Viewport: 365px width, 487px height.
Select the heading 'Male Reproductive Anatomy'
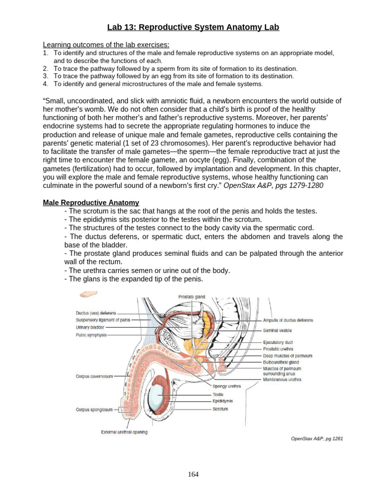(x=91, y=203)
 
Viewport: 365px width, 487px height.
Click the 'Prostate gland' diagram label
(x=192, y=297)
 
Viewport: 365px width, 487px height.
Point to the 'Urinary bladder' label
(x=90, y=327)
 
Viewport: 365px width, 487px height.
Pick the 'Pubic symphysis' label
(x=91, y=334)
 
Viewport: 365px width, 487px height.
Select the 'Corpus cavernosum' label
(x=94, y=376)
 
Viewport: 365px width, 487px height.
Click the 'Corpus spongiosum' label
(x=94, y=409)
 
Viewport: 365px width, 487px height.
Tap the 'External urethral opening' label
(x=124, y=432)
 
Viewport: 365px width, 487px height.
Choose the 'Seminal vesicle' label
(x=278, y=330)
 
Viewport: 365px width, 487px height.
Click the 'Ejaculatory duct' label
(x=278, y=342)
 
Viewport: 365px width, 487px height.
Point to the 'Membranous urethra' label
(x=282, y=380)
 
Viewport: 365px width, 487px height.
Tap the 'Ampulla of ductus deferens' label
(x=288, y=320)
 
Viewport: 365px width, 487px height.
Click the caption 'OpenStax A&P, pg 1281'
(x=317, y=438)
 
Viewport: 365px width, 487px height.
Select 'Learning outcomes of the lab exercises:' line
(x=106, y=45)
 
